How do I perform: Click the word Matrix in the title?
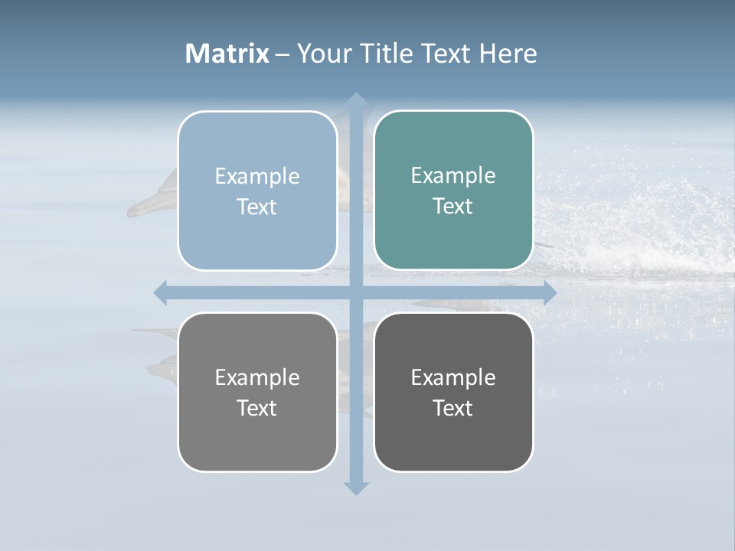point(227,54)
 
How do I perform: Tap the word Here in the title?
point(508,54)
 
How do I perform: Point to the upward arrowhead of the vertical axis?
point(355,99)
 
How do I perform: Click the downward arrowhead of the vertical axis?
point(355,487)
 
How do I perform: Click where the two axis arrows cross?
point(355,293)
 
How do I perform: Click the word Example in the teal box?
point(453,175)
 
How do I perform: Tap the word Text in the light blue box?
point(257,207)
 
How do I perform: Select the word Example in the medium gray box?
point(257,377)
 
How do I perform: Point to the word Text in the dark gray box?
point(453,408)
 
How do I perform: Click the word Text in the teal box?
point(453,206)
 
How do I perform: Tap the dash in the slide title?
point(283,54)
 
